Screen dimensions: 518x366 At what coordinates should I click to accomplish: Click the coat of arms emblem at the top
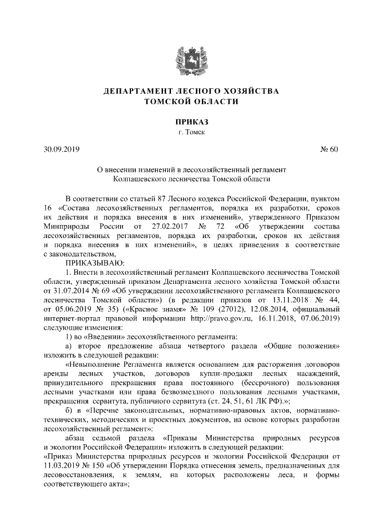pos(182,56)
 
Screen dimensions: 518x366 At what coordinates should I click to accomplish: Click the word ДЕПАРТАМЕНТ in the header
pos(136,91)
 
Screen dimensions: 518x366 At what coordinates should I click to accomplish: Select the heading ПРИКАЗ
pos(182,121)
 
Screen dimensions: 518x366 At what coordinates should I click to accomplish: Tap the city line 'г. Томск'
pos(182,132)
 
